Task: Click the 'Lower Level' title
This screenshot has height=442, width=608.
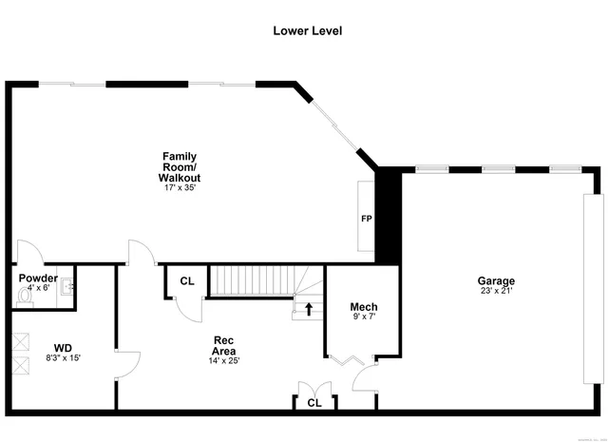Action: point(307,30)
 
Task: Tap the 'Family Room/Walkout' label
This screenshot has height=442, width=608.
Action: point(180,166)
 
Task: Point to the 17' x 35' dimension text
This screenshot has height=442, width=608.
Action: point(180,187)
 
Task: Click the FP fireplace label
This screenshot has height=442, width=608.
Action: point(366,219)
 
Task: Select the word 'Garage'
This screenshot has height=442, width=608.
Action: point(496,280)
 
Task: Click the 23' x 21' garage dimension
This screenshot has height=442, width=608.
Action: point(496,292)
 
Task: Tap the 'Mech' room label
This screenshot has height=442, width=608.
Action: point(364,306)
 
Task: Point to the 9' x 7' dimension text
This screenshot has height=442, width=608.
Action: point(364,317)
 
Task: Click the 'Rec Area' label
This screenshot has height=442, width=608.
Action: point(223,345)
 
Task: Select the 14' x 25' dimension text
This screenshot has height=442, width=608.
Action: point(223,360)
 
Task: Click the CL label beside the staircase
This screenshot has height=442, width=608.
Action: point(187,281)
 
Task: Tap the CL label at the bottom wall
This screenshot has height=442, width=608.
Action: point(313,403)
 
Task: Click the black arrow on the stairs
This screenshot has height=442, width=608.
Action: point(309,309)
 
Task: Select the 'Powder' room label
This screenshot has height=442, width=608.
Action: point(39,279)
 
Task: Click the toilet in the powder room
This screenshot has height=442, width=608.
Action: point(27,296)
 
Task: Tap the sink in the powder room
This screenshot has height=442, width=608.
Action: point(66,285)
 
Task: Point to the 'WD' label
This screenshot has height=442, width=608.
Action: point(63,348)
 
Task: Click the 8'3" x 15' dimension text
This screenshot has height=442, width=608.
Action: point(63,358)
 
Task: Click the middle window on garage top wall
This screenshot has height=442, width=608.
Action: point(496,169)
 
